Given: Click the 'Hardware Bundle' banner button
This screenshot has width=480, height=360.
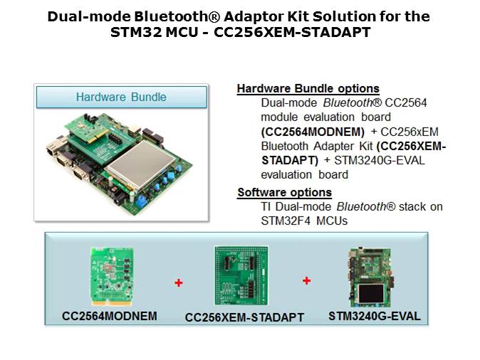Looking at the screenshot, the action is [122, 97].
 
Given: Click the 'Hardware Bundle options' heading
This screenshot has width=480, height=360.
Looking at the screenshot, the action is [308, 88].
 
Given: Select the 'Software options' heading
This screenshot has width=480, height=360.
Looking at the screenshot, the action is [285, 192].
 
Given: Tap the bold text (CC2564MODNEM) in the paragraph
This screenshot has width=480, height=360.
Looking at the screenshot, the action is [313, 132].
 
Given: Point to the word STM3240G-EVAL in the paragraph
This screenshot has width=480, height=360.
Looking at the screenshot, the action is [380, 161].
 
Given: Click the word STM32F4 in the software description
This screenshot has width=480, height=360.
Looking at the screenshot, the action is [287, 221].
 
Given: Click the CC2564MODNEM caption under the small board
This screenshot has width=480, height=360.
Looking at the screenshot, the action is [110, 317].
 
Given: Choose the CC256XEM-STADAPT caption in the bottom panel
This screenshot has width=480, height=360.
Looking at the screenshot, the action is [244, 317].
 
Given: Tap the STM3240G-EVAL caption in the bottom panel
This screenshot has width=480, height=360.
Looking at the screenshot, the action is [375, 317].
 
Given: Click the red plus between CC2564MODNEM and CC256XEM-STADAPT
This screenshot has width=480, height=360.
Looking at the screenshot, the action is [179, 282].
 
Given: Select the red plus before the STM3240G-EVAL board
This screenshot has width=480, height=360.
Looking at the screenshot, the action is [306, 280].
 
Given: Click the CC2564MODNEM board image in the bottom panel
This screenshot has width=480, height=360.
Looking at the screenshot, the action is [112, 277].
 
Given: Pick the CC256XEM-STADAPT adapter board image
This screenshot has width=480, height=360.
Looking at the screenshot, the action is [241, 275].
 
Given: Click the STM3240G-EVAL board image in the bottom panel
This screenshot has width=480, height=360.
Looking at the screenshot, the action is [371, 277].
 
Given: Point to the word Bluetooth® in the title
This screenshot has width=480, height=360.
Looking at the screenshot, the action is [177, 16].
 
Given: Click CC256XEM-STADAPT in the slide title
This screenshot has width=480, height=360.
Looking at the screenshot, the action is [292, 32].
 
